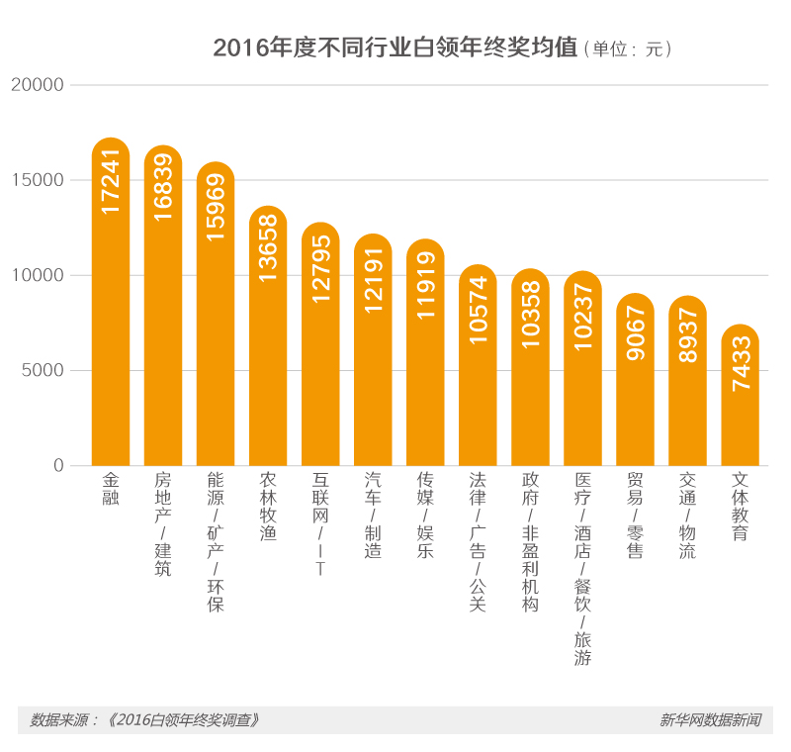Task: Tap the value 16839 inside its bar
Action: tap(163, 187)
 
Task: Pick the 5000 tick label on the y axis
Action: tap(44, 371)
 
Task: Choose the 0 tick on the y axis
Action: tap(58, 465)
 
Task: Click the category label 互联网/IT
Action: tap(320, 524)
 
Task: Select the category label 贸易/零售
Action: tap(635, 516)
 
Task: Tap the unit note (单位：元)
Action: tap(629, 49)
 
